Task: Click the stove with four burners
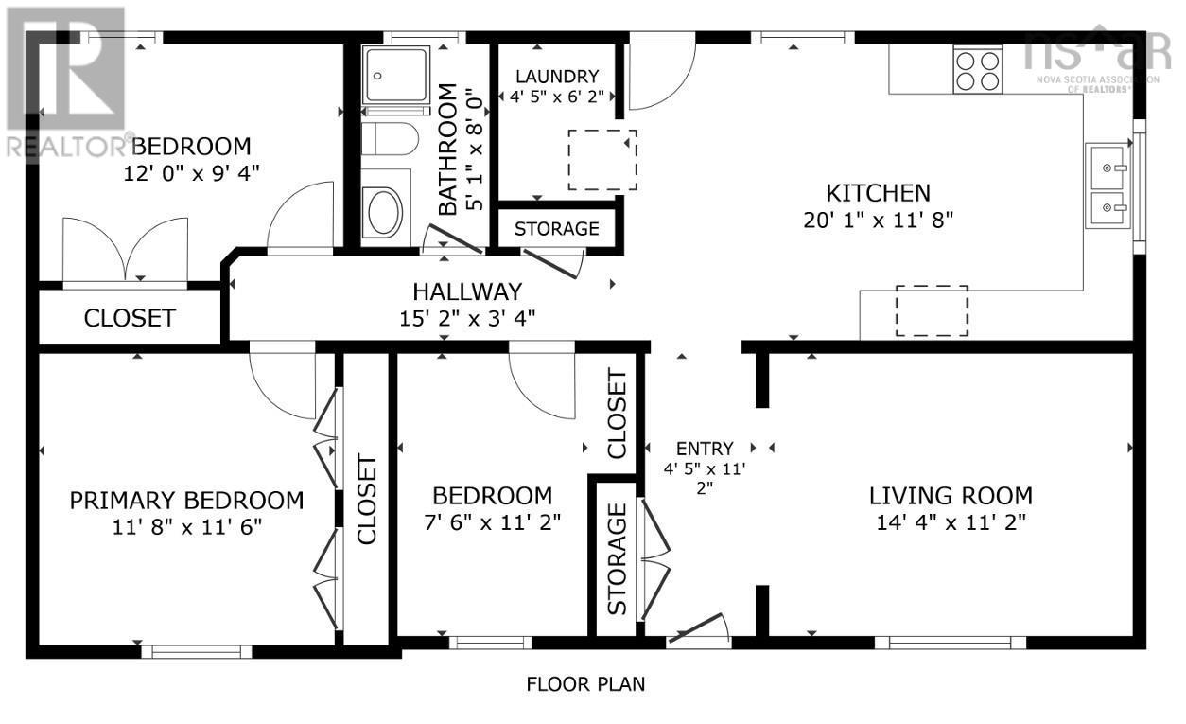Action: coord(977,69)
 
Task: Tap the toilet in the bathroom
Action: coord(390,139)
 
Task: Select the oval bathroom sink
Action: coord(386,212)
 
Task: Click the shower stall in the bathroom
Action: coord(395,74)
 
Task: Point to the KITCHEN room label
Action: coord(878,193)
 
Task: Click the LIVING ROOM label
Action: coord(951,496)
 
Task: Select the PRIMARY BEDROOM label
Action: coord(186,501)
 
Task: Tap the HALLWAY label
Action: coord(467,291)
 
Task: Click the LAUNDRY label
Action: coord(557,77)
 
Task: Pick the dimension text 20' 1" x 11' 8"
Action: coord(878,220)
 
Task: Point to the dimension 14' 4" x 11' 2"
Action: coord(951,522)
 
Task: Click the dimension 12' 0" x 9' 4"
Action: coord(191,173)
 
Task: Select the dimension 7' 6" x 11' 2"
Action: coord(492,522)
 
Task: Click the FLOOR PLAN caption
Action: coord(585,684)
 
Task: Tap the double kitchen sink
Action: coord(1108,185)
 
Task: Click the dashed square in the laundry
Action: coord(602,160)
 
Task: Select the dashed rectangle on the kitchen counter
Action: coord(932,310)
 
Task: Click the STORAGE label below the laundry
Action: coord(557,229)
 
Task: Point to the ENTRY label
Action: coord(705,449)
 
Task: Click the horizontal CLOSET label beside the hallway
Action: coord(130,318)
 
